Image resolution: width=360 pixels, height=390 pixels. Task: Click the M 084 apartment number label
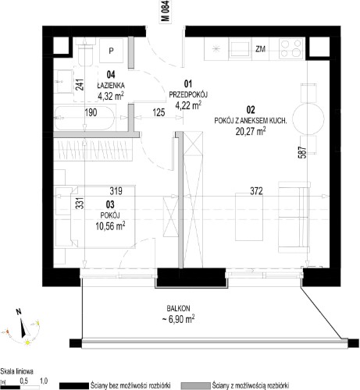[x=166, y=11]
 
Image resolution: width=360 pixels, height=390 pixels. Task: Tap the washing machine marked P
[x=112, y=51]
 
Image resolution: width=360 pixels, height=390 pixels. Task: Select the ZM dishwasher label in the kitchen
[x=260, y=48]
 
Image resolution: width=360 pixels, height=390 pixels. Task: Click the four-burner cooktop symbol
[x=291, y=48]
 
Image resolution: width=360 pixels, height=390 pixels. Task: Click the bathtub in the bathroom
[x=84, y=118]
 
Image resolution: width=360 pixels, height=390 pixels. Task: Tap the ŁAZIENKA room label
[x=111, y=85]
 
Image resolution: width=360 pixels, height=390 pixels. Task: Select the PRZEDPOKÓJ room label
[x=188, y=94]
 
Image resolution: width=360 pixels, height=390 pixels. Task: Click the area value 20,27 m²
[x=251, y=131]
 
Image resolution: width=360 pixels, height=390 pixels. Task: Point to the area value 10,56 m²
[x=110, y=225]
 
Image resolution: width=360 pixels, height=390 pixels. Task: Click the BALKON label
[x=178, y=309]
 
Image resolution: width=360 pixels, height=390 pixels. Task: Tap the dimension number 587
[x=302, y=152]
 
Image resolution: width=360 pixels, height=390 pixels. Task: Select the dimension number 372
[x=256, y=191]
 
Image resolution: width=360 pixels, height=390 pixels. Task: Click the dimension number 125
[x=159, y=112]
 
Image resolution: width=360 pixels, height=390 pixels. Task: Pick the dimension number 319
[x=116, y=191]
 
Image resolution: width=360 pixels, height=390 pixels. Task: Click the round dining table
[x=308, y=119]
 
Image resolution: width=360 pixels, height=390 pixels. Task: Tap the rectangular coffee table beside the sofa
[x=249, y=217]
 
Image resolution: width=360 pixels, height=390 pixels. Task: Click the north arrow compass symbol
[x=24, y=323]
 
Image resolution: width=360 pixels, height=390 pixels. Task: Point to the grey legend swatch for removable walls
[x=195, y=385]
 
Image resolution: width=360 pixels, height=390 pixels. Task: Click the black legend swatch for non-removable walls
[x=73, y=385]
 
